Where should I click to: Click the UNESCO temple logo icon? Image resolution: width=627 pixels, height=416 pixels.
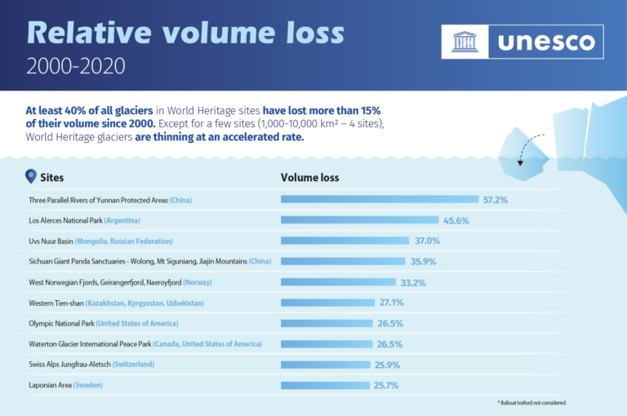point(465,41)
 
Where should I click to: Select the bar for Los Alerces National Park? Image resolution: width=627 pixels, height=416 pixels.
point(360,220)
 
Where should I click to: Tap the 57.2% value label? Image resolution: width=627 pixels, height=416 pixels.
point(496,199)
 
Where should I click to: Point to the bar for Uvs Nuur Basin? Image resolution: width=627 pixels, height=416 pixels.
point(345,241)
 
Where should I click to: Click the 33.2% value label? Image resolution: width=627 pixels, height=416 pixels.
point(412,282)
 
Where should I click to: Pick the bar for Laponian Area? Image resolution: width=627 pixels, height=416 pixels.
point(325,385)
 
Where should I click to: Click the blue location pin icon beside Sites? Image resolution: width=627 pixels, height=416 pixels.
point(31,176)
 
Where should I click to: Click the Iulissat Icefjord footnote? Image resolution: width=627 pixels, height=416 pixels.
point(532,403)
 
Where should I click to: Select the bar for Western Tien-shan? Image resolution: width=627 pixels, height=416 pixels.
point(327,303)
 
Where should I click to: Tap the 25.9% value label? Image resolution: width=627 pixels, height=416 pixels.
point(388,365)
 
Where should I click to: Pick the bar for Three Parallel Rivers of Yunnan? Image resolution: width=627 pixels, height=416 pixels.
point(380,199)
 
